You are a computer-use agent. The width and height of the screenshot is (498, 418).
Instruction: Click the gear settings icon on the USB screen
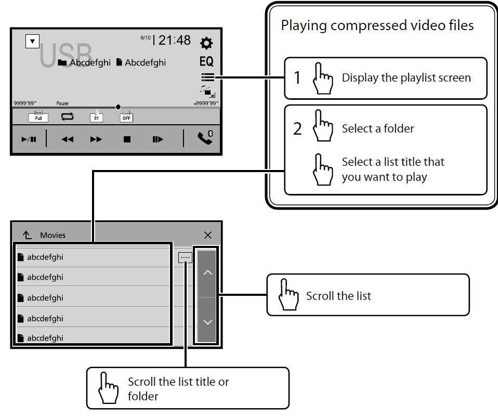(206, 43)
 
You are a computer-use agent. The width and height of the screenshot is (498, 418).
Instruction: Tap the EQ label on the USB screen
(206, 61)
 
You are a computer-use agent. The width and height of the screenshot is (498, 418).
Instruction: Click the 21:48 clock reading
(175, 40)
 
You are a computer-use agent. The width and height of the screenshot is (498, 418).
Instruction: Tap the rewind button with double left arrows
(68, 139)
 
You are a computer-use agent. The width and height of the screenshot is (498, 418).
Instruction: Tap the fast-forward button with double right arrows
(96, 139)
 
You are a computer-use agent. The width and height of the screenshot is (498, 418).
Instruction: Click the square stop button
(127, 139)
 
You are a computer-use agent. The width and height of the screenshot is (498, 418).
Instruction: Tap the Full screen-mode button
(38, 117)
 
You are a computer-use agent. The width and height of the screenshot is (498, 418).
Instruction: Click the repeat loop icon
(68, 117)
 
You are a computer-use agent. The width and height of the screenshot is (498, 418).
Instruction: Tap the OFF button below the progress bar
(126, 117)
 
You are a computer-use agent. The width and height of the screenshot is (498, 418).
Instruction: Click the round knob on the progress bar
(119, 107)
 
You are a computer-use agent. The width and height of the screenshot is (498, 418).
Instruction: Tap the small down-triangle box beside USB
(32, 41)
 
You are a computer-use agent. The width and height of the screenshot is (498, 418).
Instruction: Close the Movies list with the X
(208, 235)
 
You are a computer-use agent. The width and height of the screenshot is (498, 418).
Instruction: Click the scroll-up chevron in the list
(207, 272)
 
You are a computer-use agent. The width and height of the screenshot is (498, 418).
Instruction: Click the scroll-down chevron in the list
(207, 322)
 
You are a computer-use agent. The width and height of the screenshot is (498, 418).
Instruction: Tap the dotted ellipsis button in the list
(185, 257)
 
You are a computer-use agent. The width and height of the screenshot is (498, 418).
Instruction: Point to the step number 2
(297, 129)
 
